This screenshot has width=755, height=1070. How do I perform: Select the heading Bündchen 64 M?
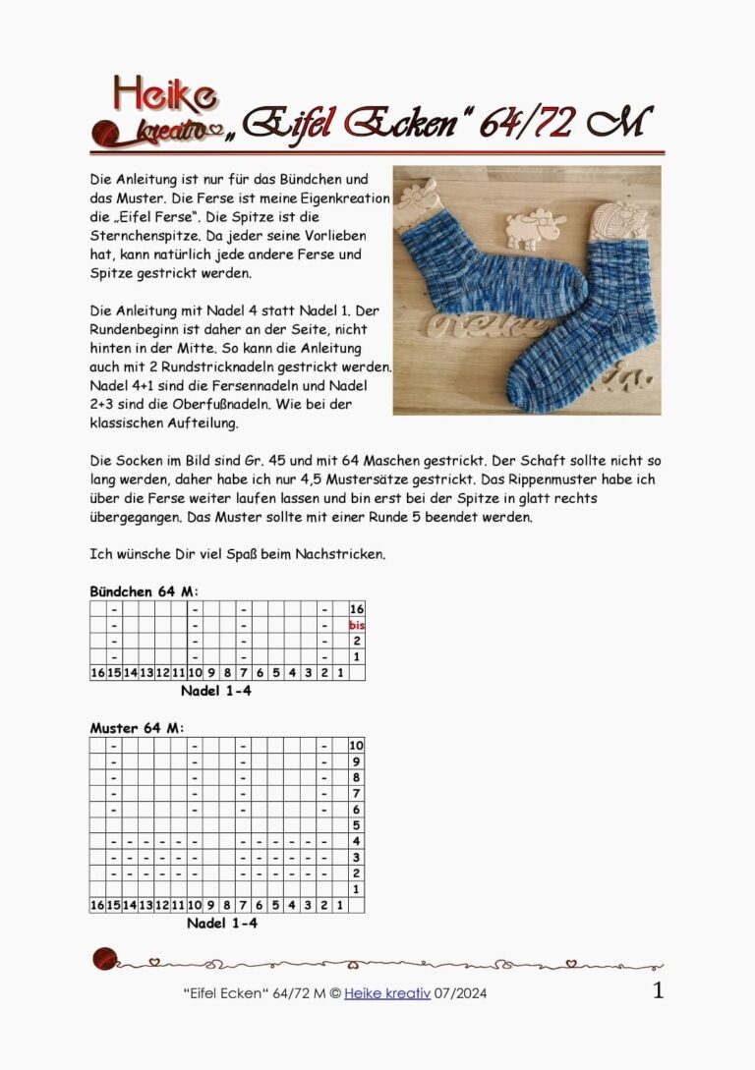tap(144, 591)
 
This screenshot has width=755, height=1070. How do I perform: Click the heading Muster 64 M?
tap(137, 728)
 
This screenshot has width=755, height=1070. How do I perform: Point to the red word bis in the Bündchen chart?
tap(357, 625)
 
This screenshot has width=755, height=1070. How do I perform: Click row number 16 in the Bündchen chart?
tap(357, 609)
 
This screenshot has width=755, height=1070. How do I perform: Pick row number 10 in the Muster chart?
tap(357, 746)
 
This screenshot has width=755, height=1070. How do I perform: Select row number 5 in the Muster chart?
tap(357, 825)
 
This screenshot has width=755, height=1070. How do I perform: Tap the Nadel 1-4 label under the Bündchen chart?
tap(216, 691)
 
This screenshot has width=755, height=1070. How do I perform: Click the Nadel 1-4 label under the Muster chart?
tap(222, 924)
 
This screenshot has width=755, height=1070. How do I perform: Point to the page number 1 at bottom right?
tap(658, 990)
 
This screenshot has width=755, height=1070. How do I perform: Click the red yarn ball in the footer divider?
tap(105, 959)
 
